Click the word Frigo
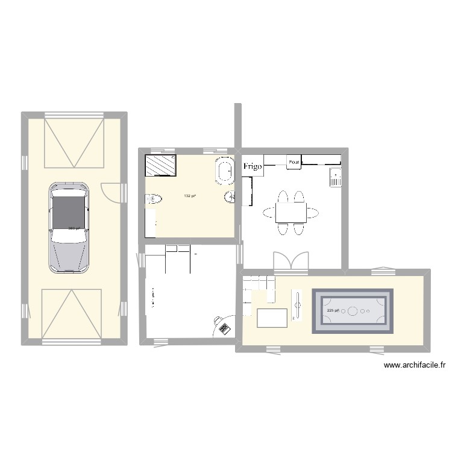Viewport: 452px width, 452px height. click(x=253, y=167)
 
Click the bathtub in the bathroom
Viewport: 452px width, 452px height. click(x=225, y=172)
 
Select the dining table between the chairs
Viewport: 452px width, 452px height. click(x=291, y=213)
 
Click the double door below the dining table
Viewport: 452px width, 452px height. click(x=291, y=261)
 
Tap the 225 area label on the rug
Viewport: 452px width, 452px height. click(x=333, y=310)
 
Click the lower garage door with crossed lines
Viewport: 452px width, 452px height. click(x=71, y=313)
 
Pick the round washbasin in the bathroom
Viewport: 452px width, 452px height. click(x=230, y=196)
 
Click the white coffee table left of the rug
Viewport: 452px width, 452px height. click(x=272, y=317)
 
